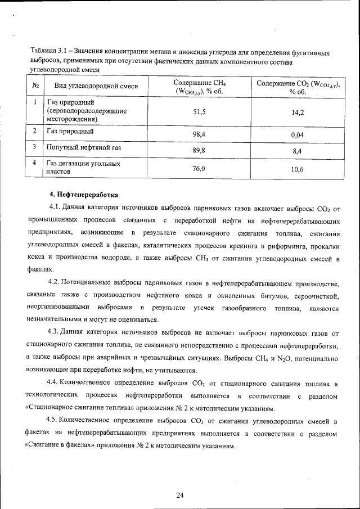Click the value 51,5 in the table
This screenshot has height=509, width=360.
click(x=200, y=112)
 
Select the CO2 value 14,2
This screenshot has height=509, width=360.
click(x=298, y=113)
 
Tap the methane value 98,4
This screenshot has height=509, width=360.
click(x=200, y=135)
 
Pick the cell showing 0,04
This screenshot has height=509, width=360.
click(x=298, y=136)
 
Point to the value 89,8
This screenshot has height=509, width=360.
click(x=200, y=151)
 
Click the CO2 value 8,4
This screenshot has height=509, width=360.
click(x=298, y=151)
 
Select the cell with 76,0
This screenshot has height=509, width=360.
click(x=200, y=168)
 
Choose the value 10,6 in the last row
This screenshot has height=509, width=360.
click(x=298, y=169)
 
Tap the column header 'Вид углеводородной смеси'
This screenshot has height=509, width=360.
click(x=96, y=86)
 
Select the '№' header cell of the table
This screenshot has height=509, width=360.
click(x=35, y=86)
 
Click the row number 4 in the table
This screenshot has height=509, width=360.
click(x=35, y=163)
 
